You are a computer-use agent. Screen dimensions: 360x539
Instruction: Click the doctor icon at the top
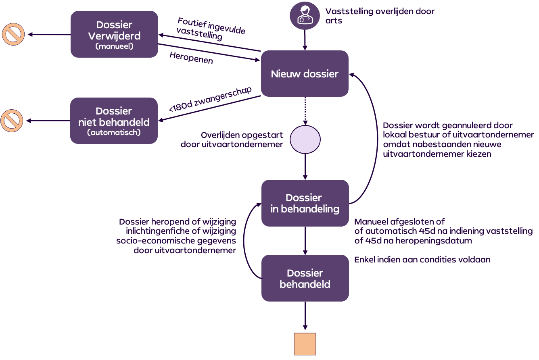click(305, 15)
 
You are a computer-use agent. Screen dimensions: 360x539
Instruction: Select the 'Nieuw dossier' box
click(305, 74)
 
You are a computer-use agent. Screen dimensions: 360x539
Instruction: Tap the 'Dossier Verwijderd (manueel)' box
click(114, 34)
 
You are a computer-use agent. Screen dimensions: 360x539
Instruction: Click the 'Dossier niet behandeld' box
click(114, 121)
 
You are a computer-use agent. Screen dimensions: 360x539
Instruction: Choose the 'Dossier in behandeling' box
click(305, 203)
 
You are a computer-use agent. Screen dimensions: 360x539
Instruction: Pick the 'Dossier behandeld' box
click(305, 278)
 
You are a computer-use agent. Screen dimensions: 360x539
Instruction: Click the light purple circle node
click(305, 139)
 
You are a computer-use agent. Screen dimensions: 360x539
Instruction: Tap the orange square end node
click(305, 344)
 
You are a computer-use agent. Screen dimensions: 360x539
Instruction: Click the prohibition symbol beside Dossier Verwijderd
click(13, 35)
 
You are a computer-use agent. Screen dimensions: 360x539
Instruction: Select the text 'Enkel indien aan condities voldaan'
click(422, 260)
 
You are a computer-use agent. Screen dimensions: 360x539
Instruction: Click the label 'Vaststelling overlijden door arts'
click(380, 16)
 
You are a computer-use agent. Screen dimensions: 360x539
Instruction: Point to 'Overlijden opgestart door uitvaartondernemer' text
click(232, 139)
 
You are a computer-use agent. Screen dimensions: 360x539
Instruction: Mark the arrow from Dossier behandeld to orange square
click(305, 316)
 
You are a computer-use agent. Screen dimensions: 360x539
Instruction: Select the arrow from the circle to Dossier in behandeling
click(305, 166)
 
